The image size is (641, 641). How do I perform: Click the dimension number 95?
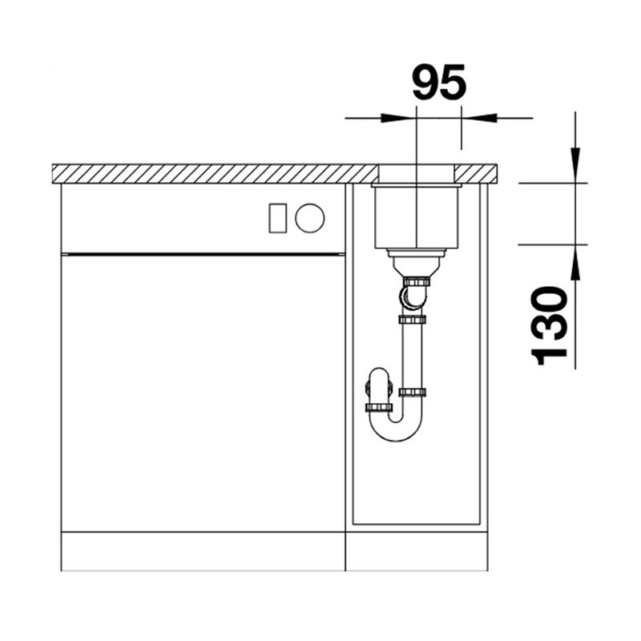click(x=439, y=83)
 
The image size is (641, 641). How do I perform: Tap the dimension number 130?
click(x=549, y=325)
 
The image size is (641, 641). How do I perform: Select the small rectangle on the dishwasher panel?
click(x=277, y=218)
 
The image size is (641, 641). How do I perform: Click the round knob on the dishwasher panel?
click(x=310, y=218)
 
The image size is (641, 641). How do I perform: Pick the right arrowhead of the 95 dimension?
click(x=479, y=118)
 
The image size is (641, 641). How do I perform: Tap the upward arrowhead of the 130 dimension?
click(x=575, y=263)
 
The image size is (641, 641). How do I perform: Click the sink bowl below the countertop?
click(x=417, y=216)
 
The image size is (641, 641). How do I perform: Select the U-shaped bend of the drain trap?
click(x=396, y=427)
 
